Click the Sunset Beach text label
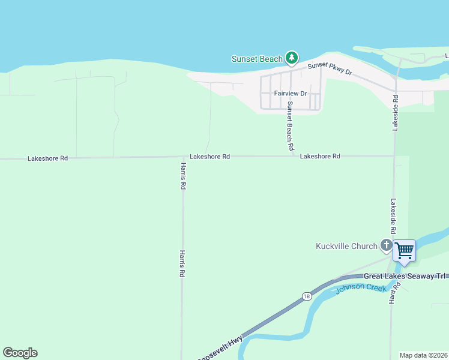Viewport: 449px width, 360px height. pos(257,59)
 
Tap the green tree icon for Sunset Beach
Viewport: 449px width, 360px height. pos(292,58)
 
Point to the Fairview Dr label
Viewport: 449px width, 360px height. pos(291,94)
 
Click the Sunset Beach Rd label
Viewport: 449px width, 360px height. pos(290,125)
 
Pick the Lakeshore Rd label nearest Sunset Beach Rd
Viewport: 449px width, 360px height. pos(320,156)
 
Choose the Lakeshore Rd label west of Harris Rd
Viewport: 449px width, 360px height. pos(47,158)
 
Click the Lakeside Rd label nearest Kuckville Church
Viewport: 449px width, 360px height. pos(394,216)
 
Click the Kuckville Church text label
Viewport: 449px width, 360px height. pos(347,246)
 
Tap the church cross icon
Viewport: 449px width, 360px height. pos(386,245)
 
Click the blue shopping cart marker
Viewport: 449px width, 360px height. pos(405,250)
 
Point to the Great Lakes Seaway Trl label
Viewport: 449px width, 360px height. pos(406,276)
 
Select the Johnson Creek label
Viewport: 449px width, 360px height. pos(357,289)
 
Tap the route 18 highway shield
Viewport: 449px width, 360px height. pos(307,296)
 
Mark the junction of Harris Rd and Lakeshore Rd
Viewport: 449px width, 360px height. pos(182,157)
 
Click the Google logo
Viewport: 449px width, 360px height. pos(20,353)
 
